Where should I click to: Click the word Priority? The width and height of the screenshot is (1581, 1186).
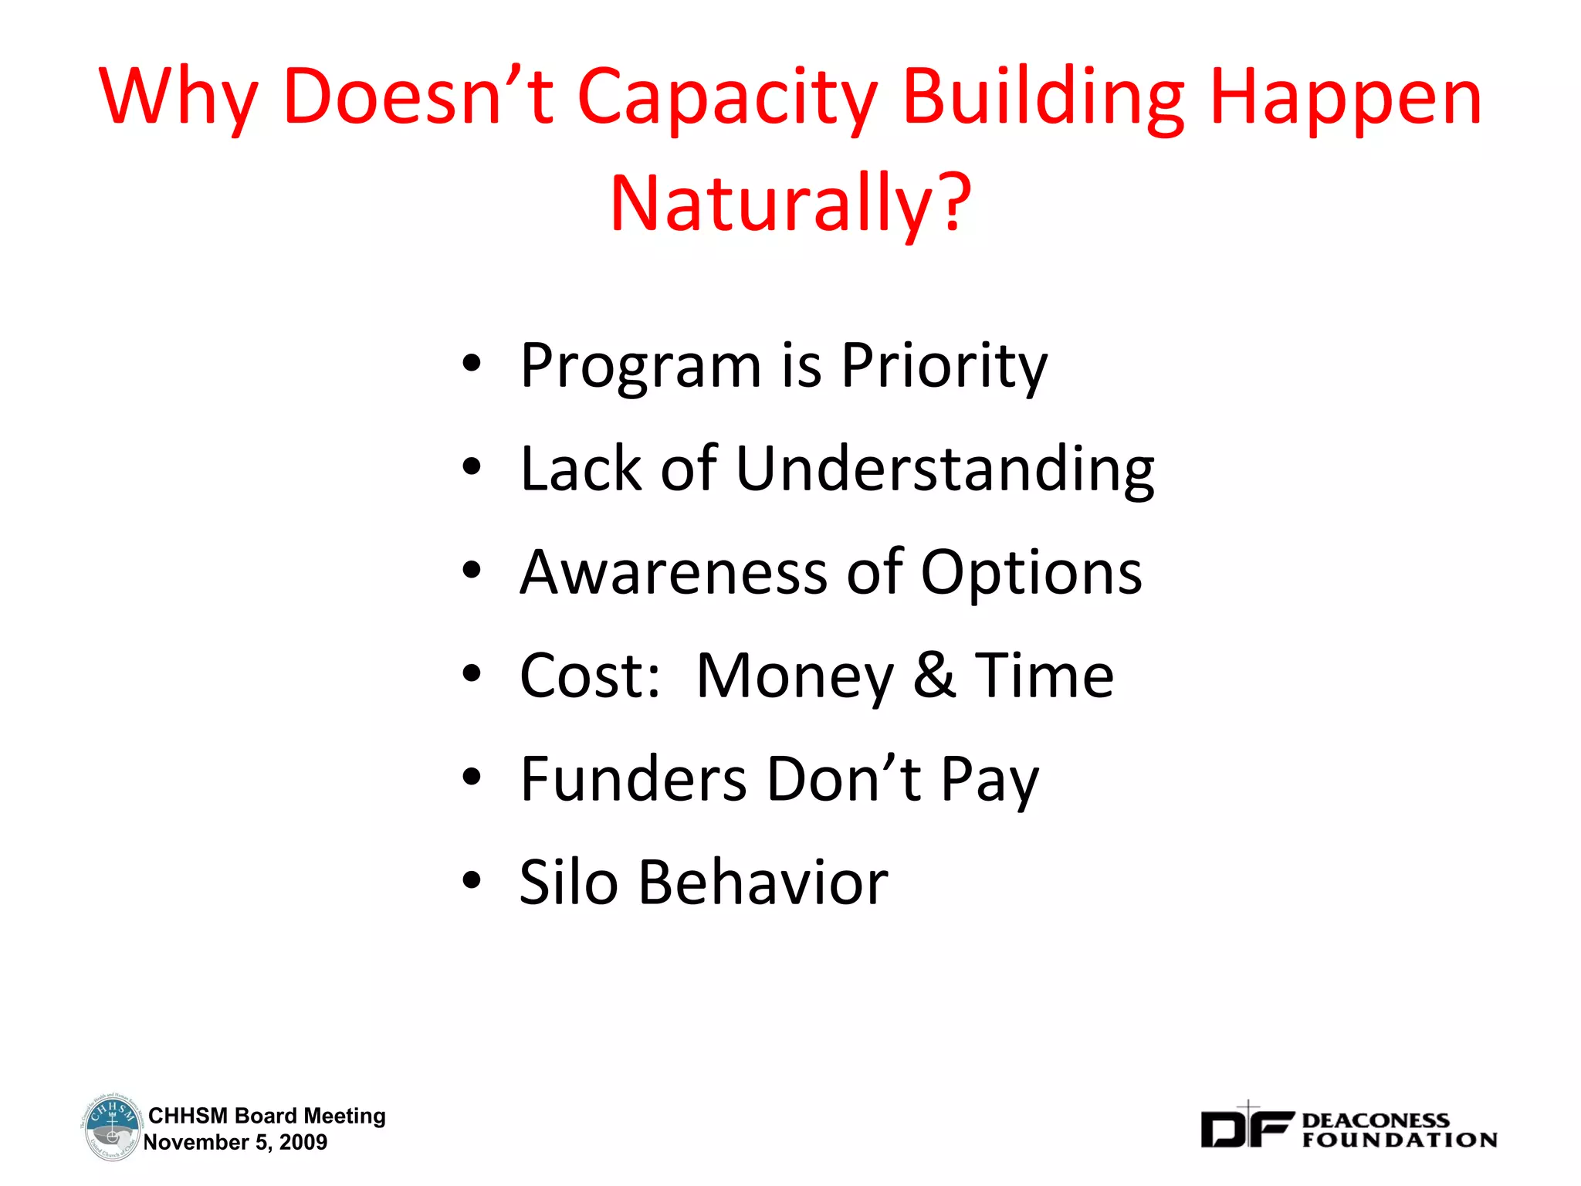click(943, 366)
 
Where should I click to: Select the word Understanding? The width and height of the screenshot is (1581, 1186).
click(945, 469)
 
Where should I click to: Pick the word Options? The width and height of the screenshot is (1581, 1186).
click(1031, 574)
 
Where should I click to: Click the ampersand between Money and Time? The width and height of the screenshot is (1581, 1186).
click(934, 676)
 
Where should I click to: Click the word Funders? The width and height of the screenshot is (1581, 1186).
click(633, 779)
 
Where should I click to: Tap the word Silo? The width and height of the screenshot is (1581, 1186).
click(568, 882)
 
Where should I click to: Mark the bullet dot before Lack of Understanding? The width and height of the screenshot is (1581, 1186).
click(472, 466)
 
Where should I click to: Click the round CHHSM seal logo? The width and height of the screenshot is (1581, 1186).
click(111, 1127)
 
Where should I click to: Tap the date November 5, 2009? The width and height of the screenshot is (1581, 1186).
click(235, 1142)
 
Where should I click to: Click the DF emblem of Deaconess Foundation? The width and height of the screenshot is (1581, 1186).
click(1245, 1127)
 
